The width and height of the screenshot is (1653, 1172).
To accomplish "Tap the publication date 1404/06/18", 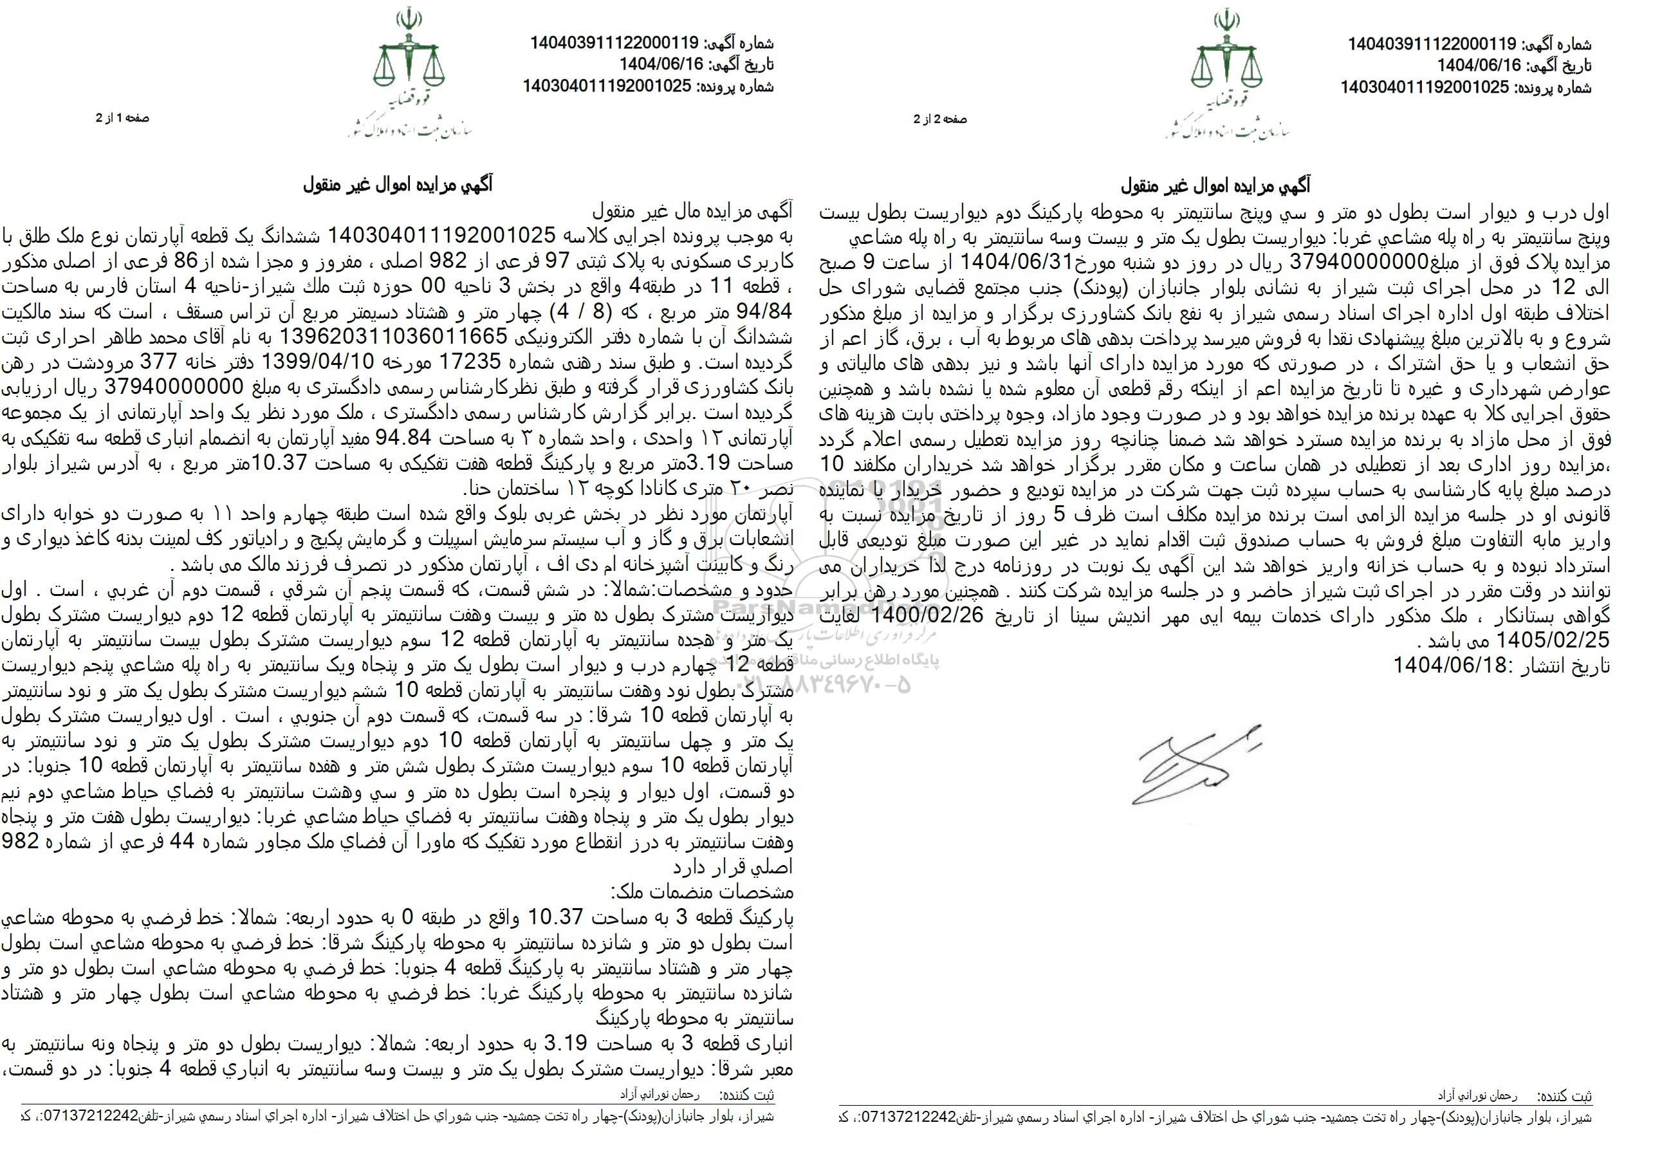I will pyautogui.click(x=1451, y=665).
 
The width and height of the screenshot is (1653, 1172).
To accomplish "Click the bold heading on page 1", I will pyautogui.click(x=398, y=185).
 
